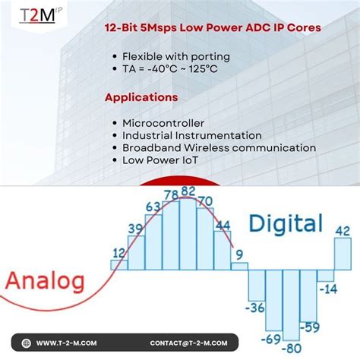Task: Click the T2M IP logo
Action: tap(40, 15)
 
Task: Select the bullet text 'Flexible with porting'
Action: tap(176, 56)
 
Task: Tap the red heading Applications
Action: tap(141, 97)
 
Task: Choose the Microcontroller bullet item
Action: tap(163, 123)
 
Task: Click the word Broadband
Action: tap(151, 148)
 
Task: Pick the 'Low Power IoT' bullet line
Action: tap(160, 160)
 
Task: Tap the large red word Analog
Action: tap(45, 282)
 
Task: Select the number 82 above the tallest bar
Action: tap(188, 191)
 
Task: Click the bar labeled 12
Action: tap(119, 265)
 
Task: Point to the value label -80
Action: tap(292, 349)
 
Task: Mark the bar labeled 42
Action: tap(343, 254)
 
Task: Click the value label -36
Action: tap(255, 308)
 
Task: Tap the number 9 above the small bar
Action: tap(239, 255)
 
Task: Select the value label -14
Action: tap(328, 289)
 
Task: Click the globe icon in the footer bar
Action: tap(26, 343)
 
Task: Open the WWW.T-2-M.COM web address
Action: tap(66, 343)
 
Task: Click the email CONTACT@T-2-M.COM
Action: tap(188, 343)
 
